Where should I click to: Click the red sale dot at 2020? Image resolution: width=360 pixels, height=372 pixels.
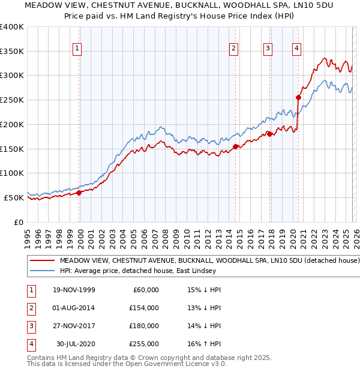click(x=298, y=97)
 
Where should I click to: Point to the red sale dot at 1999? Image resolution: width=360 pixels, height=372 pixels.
click(x=79, y=193)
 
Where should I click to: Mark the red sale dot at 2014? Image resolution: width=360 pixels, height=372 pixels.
click(x=235, y=146)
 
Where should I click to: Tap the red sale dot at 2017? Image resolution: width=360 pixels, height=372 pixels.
click(x=270, y=134)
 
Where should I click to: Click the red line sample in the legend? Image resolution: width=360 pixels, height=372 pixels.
click(x=41, y=261)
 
